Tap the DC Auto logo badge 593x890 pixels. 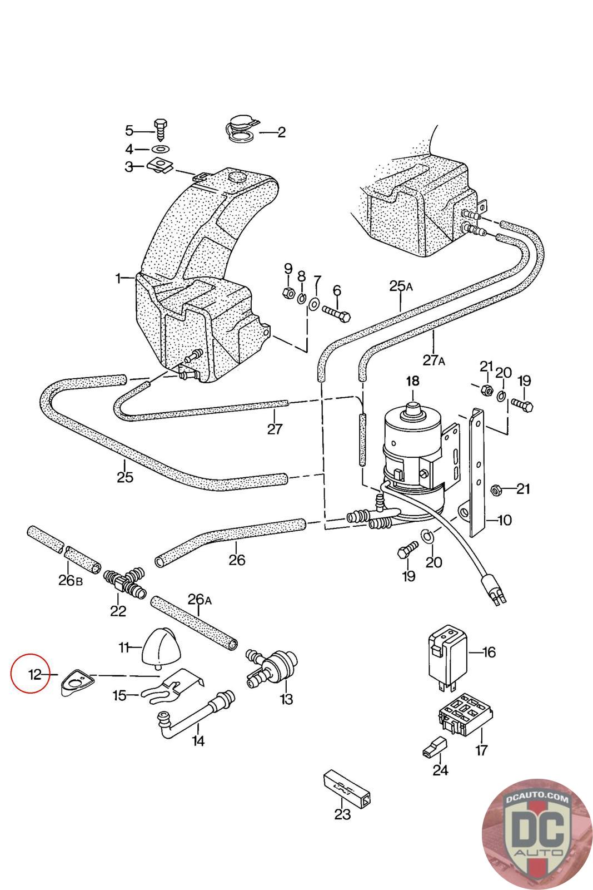tap(537, 833)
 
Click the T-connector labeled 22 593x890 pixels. tap(124, 585)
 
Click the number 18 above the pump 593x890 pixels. tap(412, 381)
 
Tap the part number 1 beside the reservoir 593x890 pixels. tap(118, 279)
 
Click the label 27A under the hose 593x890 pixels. tap(433, 360)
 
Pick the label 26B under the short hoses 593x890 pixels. tap(70, 580)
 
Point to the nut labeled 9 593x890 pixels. tap(288, 294)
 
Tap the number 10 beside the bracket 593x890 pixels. tap(504, 520)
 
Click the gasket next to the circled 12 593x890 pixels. tap(78, 683)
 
